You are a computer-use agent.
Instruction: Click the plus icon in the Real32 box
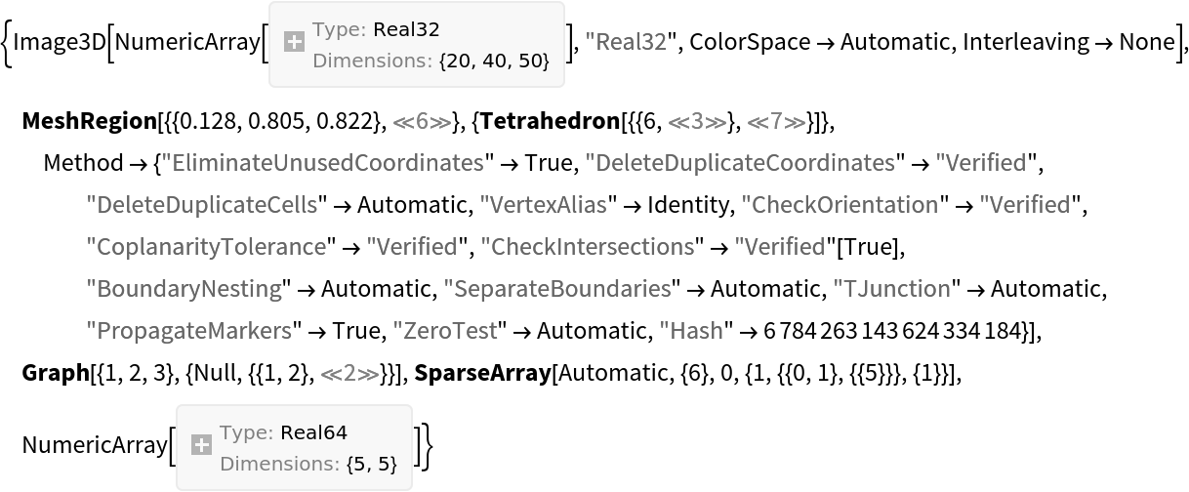pyautogui.click(x=294, y=42)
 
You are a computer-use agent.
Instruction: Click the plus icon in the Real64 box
pyautogui.click(x=201, y=445)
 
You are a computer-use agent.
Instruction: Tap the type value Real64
pyautogui.click(x=313, y=432)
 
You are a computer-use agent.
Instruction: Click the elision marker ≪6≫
pyautogui.click(x=421, y=122)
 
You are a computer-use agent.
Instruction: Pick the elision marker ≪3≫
pyautogui.click(x=697, y=122)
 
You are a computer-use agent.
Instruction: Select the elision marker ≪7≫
pyautogui.click(x=776, y=122)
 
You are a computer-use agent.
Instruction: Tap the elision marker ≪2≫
pyautogui.click(x=349, y=373)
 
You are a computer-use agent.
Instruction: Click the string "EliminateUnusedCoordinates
pyautogui.click(x=322, y=163)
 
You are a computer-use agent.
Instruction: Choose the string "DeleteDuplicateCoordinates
pyautogui.click(x=739, y=163)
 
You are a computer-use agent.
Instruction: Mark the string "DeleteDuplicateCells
pyautogui.click(x=202, y=205)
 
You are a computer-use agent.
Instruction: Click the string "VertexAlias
pyautogui.click(x=543, y=205)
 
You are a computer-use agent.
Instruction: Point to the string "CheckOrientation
pyautogui.click(x=840, y=205)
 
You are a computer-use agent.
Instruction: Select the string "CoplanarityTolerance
pyautogui.click(x=206, y=247)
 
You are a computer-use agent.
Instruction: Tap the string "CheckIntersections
pyautogui.click(x=587, y=247)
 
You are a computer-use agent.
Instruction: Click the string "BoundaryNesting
pyautogui.click(x=184, y=289)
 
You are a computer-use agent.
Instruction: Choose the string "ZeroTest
pyautogui.click(x=444, y=331)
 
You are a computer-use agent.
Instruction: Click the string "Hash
pyautogui.click(x=691, y=331)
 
